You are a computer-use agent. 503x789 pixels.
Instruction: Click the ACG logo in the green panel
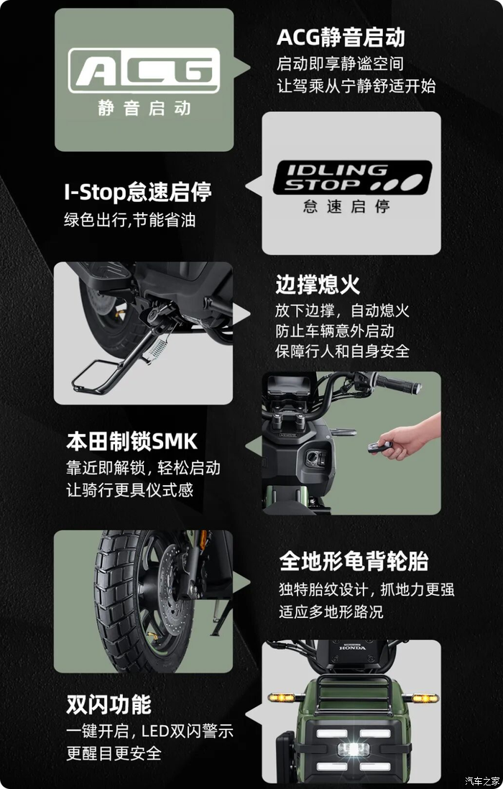point(144,70)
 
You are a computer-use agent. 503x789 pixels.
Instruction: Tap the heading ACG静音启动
point(341,37)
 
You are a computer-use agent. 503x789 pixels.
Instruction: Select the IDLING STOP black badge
point(352,177)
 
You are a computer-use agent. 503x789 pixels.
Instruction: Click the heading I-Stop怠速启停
point(138,193)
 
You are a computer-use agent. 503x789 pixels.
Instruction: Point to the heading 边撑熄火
point(318,285)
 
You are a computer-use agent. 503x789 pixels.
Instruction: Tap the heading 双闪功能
point(109,704)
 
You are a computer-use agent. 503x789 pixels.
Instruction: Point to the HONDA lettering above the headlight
point(352,649)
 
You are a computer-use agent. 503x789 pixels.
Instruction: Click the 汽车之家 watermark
point(481,780)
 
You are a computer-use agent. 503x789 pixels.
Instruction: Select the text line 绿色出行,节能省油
point(130,220)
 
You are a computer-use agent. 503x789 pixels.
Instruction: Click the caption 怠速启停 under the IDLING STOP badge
point(346,207)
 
